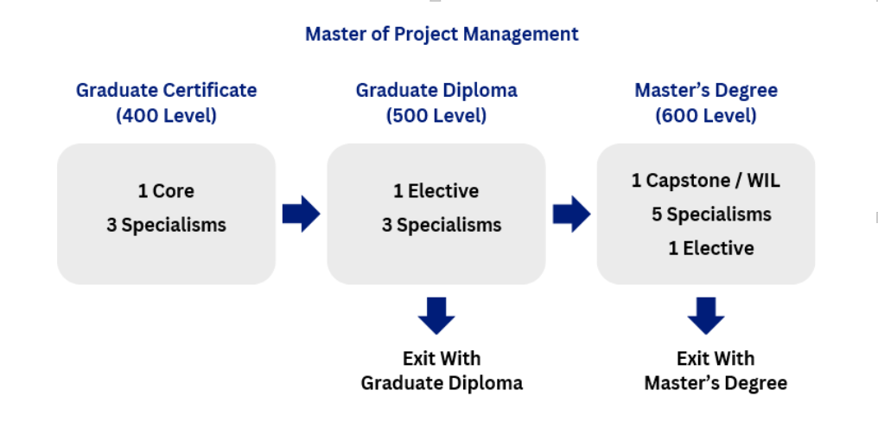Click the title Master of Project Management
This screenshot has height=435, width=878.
[442, 34]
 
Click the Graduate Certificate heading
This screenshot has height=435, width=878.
[166, 90]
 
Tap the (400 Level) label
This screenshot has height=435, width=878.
[166, 115]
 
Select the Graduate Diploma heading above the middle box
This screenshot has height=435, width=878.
[436, 90]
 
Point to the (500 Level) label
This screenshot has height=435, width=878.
[436, 115]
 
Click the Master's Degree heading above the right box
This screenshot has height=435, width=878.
[706, 90]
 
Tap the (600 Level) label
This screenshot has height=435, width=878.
[706, 115]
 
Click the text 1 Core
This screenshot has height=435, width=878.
[166, 191]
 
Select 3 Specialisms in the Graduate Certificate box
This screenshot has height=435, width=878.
[166, 225]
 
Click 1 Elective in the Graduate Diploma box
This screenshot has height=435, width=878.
[436, 191]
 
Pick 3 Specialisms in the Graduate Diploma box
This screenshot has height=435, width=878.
[442, 225]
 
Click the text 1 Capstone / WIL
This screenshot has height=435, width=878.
[706, 181]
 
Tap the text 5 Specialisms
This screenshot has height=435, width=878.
[711, 214]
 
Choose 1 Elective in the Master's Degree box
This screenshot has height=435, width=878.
[710, 248]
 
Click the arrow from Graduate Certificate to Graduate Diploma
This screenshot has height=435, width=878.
[301, 214]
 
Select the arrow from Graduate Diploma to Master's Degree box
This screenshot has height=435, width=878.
[571, 214]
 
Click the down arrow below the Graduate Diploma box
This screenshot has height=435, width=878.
[436, 316]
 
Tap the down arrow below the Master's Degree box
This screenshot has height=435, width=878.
[706, 316]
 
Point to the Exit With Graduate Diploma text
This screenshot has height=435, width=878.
[442, 370]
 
